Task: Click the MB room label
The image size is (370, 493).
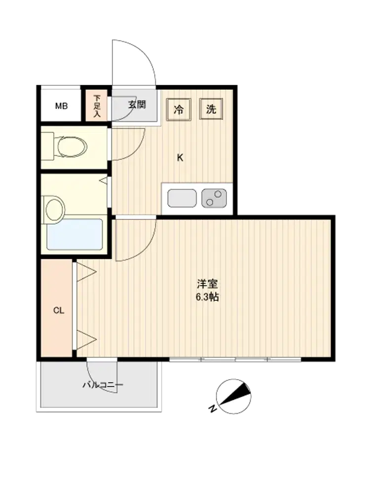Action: point(61,106)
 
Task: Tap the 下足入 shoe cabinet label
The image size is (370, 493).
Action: point(97,106)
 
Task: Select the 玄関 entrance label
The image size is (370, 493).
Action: point(137,105)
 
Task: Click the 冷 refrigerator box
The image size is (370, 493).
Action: point(179,109)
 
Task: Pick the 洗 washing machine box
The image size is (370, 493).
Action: point(211,109)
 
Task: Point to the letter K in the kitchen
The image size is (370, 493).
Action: point(180,158)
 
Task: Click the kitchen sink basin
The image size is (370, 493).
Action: point(182,198)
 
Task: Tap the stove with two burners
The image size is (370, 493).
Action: point(214,198)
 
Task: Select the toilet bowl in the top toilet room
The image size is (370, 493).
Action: point(72,146)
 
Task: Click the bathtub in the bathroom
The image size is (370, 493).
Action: point(75,234)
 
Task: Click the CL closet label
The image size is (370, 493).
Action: point(59,311)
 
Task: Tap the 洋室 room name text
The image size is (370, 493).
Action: point(207,284)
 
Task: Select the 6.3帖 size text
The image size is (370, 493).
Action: point(207,297)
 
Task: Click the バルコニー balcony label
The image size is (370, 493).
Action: point(103,385)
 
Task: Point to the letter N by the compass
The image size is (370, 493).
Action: point(213,408)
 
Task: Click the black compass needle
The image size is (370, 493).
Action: point(235,393)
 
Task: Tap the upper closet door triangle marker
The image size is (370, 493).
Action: point(86,272)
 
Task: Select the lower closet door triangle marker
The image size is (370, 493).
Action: point(86,340)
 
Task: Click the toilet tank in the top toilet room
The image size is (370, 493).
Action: point(47,146)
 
